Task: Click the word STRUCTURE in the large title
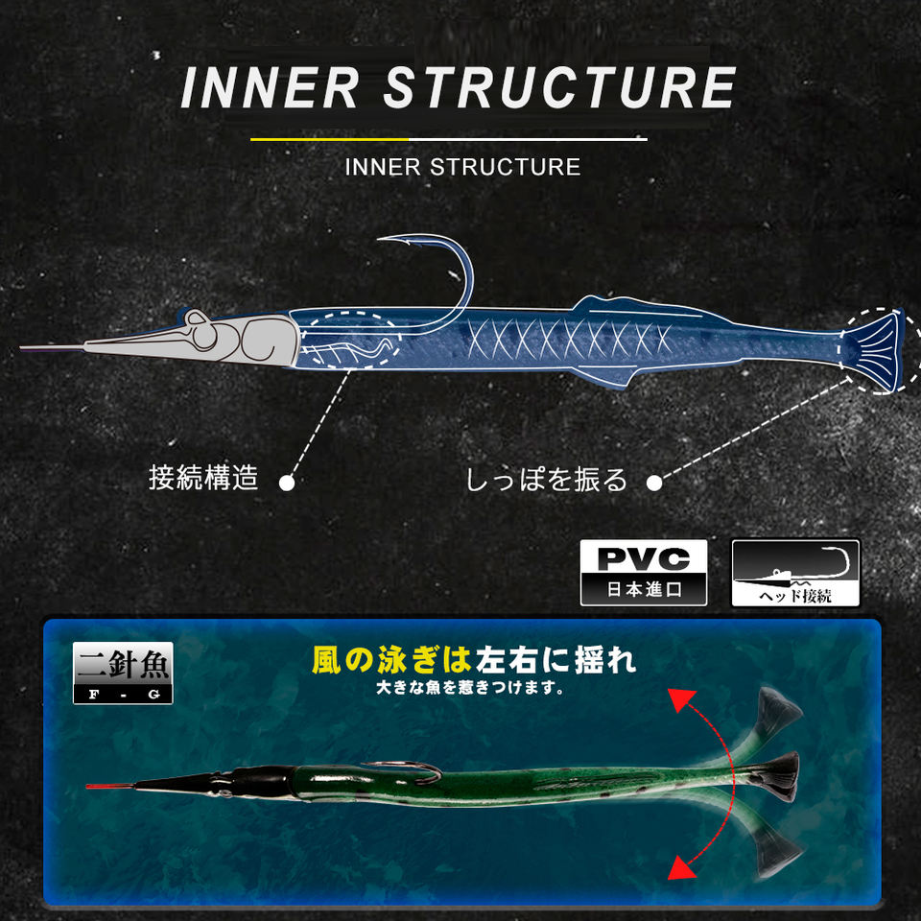point(559,87)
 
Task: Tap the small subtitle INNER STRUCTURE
point(462,167)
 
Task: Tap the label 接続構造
point(203,478)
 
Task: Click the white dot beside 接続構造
point(286,483)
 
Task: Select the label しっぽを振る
point(546,480)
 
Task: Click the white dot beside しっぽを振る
point(654,483)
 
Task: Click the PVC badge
point(643,572)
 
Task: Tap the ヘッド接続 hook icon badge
point(795,573)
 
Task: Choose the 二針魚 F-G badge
point(123,673)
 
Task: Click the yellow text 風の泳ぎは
point(391,660)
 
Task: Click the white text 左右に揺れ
point(556,660)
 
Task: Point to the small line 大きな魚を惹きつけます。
point(470,687)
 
